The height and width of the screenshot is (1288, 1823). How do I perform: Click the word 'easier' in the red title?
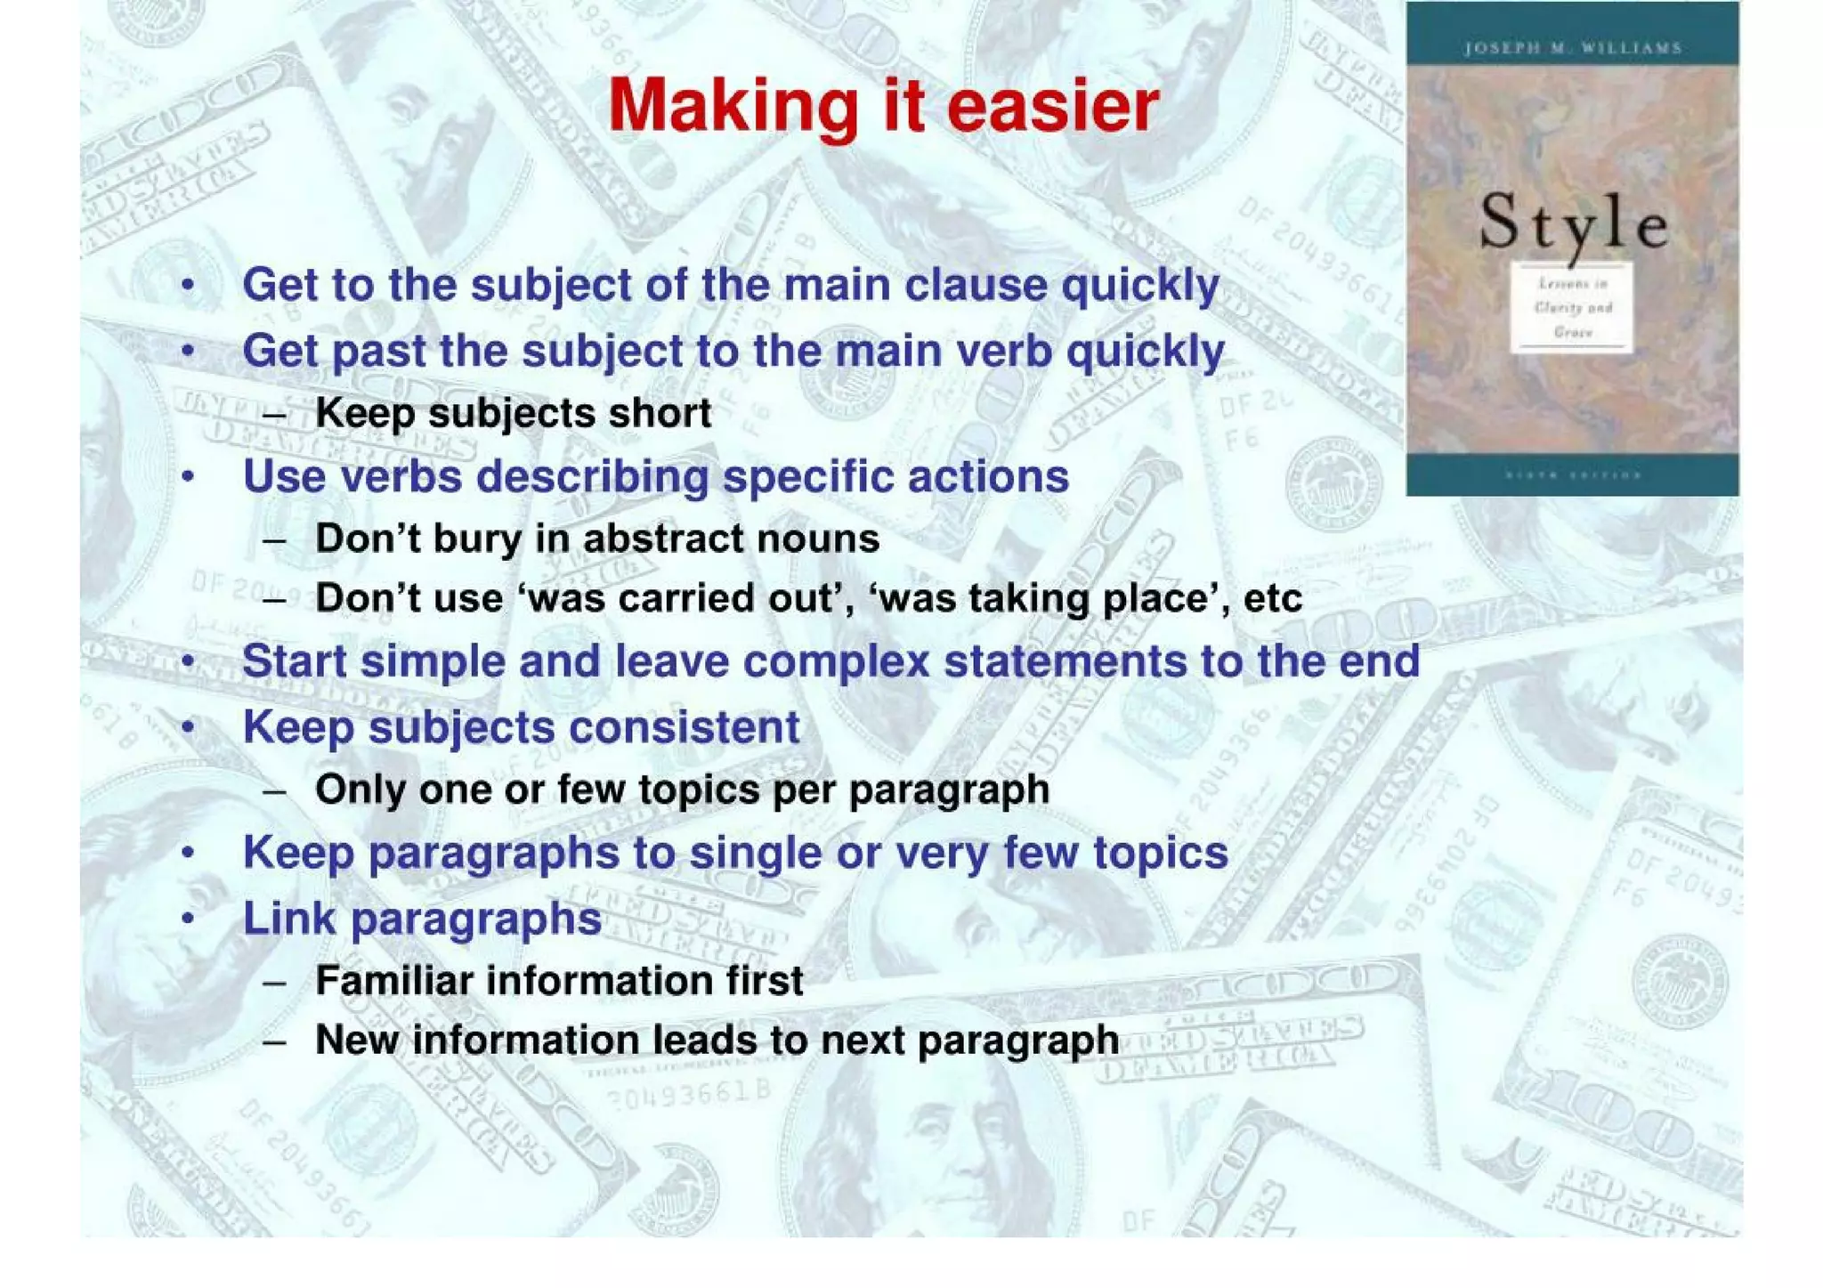point(1052,107)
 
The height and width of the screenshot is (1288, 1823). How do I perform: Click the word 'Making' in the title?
point(733,107)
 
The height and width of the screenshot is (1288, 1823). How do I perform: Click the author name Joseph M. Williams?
point(1573,48)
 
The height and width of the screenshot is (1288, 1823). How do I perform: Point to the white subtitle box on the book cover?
point(1572,308)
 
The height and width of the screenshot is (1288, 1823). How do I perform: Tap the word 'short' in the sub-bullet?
point(660,413)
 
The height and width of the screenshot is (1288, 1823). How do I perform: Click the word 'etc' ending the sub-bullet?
point(1272,598)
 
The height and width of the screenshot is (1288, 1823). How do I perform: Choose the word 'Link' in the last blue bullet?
point(289,918)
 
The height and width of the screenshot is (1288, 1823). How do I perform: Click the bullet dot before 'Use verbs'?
point(188,478)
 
